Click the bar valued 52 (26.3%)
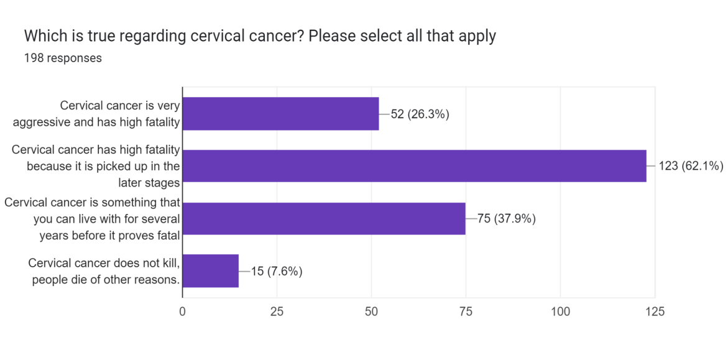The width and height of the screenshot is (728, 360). pyautogui.click(x=280, y=114)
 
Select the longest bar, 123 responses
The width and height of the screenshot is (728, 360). pyautogui.click(x=414, y=166)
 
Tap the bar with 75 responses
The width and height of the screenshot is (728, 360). pyautogui.click(x=324, y=218)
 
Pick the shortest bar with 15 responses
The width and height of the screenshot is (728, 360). pyautogui.click(x=211, y=271)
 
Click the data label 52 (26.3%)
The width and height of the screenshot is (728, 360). pyautogui.click(x=420, y=114)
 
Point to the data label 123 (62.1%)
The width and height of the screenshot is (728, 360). pyautogui.click(x=691, y=166)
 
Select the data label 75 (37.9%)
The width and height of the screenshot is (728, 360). pyautogui.click(x=506, y=218)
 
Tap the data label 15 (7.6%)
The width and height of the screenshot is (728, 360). pyautogui.click(x=277, y=271)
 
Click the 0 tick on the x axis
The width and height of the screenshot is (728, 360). pyautogui.click(x=182, y=312)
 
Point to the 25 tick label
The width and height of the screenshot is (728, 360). pyautogui.click(x=277, y=312)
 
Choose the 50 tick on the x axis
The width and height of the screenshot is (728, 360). pyautogui.click(x=371, y=312)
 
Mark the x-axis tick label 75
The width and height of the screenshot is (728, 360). pyautogui.click(x=466, y=312)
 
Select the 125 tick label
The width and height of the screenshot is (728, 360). pyautogui.click(x=655, y=312)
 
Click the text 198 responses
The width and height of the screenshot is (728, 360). pyautogui.click(x=63, y=58)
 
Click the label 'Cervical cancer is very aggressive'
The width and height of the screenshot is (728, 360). pyautogui.click(x=96, y=114)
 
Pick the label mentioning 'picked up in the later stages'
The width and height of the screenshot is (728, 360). pyautogui.click(x=96, y=166)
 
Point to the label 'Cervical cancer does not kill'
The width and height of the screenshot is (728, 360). pyautogui.click(x=104, y=271)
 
